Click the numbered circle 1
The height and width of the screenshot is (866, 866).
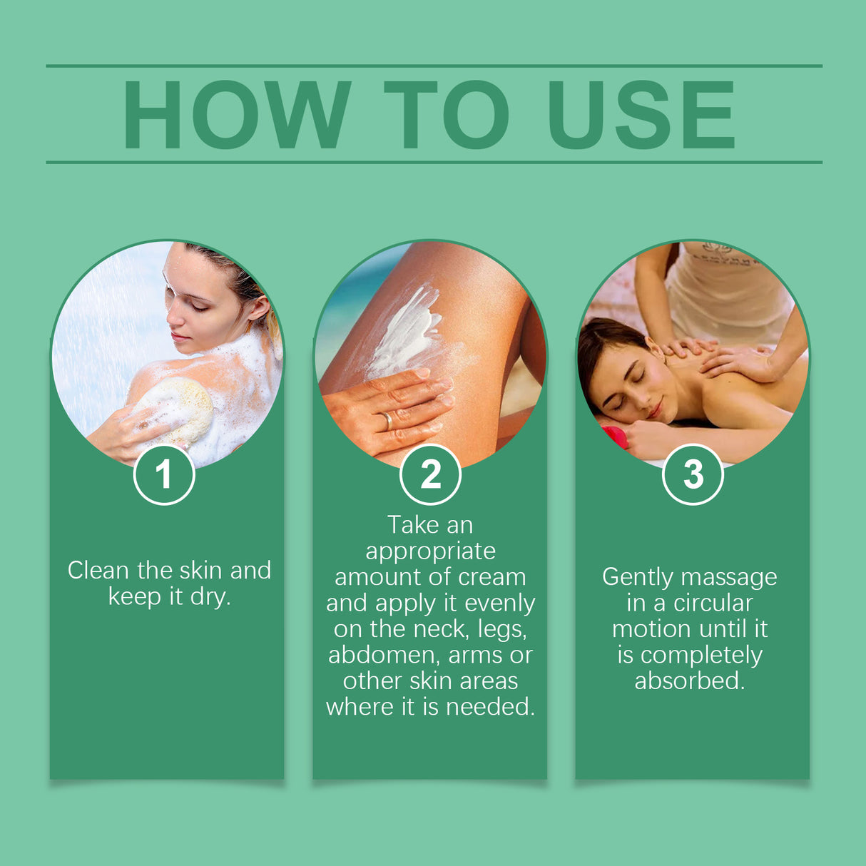164,474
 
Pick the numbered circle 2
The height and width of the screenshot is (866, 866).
430,474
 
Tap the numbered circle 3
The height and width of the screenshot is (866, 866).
693,474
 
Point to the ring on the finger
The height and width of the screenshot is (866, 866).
388,420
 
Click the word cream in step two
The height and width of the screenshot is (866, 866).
492,577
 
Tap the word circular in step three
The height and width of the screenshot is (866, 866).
713,603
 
